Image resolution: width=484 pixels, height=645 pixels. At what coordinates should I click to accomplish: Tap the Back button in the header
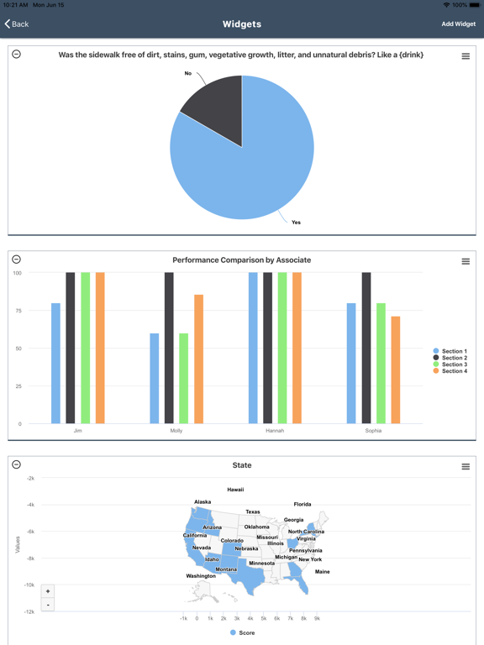click(17, 24)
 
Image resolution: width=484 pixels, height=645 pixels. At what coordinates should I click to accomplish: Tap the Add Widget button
click(458, 24)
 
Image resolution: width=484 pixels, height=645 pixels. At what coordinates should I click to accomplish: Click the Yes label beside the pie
click(296, 223)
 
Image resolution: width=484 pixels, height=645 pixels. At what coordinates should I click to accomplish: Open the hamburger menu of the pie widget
click(466, 56)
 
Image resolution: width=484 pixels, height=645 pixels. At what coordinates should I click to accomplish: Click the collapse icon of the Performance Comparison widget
click(16, 260)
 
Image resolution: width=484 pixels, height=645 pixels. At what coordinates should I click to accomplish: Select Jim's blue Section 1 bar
click(56, 363)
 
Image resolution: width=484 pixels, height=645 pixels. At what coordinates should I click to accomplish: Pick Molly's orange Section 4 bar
click(198, 359)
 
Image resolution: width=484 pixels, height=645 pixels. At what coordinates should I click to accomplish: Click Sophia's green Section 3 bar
click(381, 363)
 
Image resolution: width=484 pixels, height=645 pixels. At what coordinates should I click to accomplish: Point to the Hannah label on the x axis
click(275, 431)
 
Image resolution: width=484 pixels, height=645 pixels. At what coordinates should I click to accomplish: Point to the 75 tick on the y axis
click(17, 311)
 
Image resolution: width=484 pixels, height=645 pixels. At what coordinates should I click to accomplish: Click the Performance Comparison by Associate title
click(241, 260)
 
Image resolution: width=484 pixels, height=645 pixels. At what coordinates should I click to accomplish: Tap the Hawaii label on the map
click(235, 490)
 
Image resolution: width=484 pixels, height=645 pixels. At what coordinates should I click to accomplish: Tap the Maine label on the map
click(322, 572)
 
